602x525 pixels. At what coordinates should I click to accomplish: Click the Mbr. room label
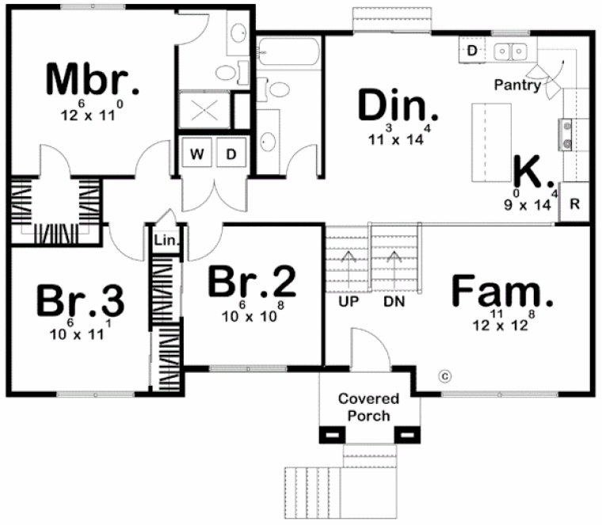click(x=93, y=79)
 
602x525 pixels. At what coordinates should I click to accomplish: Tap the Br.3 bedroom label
click(x=81, y=302)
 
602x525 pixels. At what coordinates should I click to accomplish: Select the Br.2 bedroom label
click(x=252, y=282)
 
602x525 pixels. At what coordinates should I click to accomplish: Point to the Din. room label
click(x=398, y=106)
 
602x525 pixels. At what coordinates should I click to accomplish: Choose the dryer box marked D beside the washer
click(x=231, y=154)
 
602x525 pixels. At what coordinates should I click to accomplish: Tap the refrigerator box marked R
click(x=575, y=204)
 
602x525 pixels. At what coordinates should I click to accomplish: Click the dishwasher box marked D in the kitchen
click(x=472, y=51)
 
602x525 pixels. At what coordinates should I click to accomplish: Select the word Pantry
click(x=517, y=85)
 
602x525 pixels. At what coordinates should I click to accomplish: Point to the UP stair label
click(x=345, y=302)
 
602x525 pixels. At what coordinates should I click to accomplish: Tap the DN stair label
click(x=394, y=302)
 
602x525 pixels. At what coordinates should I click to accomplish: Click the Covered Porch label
click(x=368, y=407)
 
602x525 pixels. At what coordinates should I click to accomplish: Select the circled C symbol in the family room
click(x=444, y=375)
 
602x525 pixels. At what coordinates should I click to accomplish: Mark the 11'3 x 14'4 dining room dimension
click(x=399, y=138)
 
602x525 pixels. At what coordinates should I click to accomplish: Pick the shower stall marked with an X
click(x=204, y=109)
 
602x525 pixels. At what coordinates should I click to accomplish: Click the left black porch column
click(x=330, y=434)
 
